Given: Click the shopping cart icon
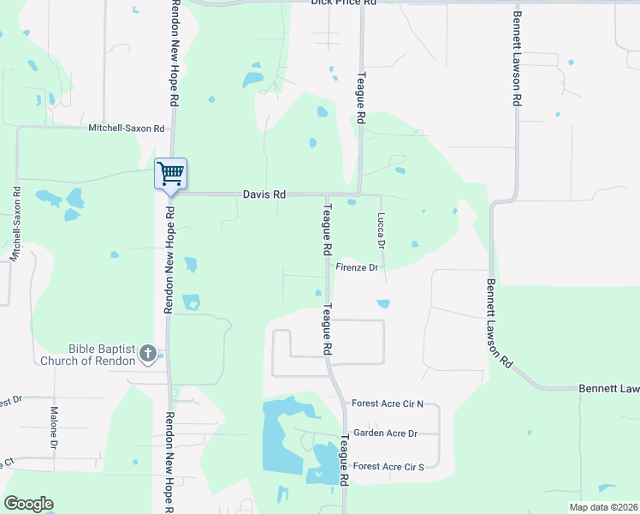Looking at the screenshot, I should tap(170, 174).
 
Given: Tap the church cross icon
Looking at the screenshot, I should tap(147, 353).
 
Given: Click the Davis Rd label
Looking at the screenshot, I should tap(264, 194).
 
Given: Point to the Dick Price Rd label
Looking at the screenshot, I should tap(344, 3).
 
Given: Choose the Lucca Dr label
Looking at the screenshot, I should tap(382, 231).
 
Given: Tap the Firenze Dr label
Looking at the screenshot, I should tap(357, 268).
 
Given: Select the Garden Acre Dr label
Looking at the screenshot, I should tap(385, 433).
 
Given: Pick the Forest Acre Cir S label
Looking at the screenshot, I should tap(388, 466).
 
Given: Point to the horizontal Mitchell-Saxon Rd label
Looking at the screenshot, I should tap(126, 128).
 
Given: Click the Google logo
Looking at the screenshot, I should tap(28, 504).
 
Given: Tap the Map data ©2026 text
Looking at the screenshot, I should tap(603, 507).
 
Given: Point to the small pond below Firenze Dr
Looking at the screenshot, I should tap(383, 303).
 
